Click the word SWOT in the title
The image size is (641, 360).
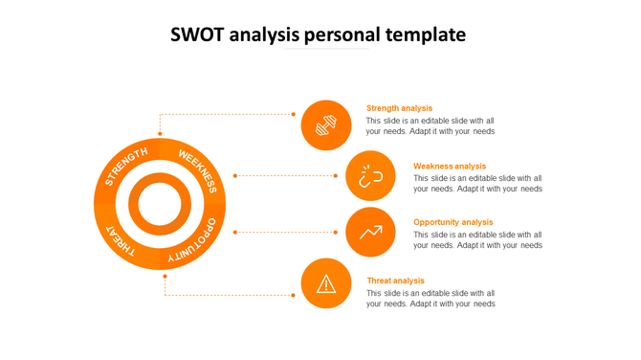pos(194,35)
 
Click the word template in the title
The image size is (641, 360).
pos(426,35)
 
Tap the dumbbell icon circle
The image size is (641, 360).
pos(326,125)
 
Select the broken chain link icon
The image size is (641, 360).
pos(370,175)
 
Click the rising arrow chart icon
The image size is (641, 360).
pos(370,232)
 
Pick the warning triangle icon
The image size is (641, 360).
pos(326,283)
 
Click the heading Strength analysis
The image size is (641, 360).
pos(399,108)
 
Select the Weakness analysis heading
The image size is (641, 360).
pos(449,166)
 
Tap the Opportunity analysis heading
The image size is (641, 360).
pos(453,222)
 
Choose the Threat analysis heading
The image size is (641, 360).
pos(395,281)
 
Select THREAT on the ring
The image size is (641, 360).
pos(122,239)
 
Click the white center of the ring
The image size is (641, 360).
pos(161,204)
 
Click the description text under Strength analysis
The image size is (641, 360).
pos(431,126)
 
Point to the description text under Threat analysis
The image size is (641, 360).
pos(431,299)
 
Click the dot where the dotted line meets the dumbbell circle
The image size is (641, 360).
pos(294,114)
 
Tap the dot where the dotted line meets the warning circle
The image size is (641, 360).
pos(294,295)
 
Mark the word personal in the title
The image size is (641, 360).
pos(343,35)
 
